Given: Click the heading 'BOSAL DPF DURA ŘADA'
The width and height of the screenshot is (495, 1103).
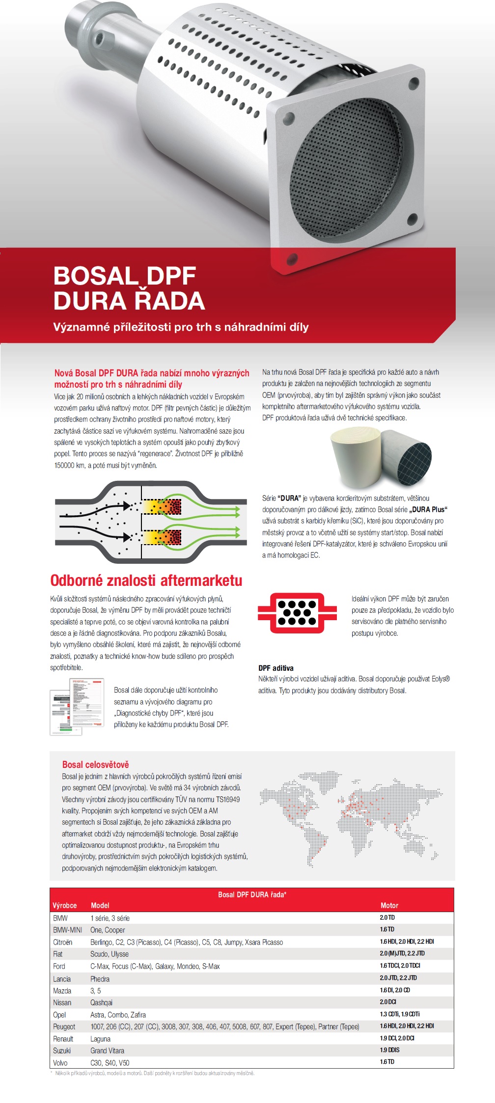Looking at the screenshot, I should (129, 288).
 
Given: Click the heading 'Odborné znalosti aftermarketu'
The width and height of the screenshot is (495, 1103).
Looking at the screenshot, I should (146, 580).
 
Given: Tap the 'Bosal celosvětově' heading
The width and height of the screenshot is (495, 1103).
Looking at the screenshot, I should (95, 764).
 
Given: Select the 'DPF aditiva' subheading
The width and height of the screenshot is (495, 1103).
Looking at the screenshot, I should (276, 668).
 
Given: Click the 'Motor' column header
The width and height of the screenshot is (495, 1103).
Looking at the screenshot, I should (389, 905).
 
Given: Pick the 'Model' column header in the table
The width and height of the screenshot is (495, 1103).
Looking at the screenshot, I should (100, 905).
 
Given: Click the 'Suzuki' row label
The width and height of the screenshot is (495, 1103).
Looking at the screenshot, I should (62, 1050).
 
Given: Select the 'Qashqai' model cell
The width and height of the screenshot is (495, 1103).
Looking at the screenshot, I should (101, 1002).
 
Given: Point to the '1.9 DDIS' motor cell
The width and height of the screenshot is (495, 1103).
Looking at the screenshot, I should (389, 1050).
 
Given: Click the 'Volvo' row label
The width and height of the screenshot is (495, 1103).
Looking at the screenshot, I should (60, 1063).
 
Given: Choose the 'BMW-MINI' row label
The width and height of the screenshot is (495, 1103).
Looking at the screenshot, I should (67, 930).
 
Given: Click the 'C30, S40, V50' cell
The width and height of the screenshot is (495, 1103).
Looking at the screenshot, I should (110, 1063).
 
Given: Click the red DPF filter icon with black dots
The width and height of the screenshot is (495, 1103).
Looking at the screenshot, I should (297, 612).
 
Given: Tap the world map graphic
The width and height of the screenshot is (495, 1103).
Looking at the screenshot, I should (351, 814).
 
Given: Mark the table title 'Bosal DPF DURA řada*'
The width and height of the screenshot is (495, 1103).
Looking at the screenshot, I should (252, 894).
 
